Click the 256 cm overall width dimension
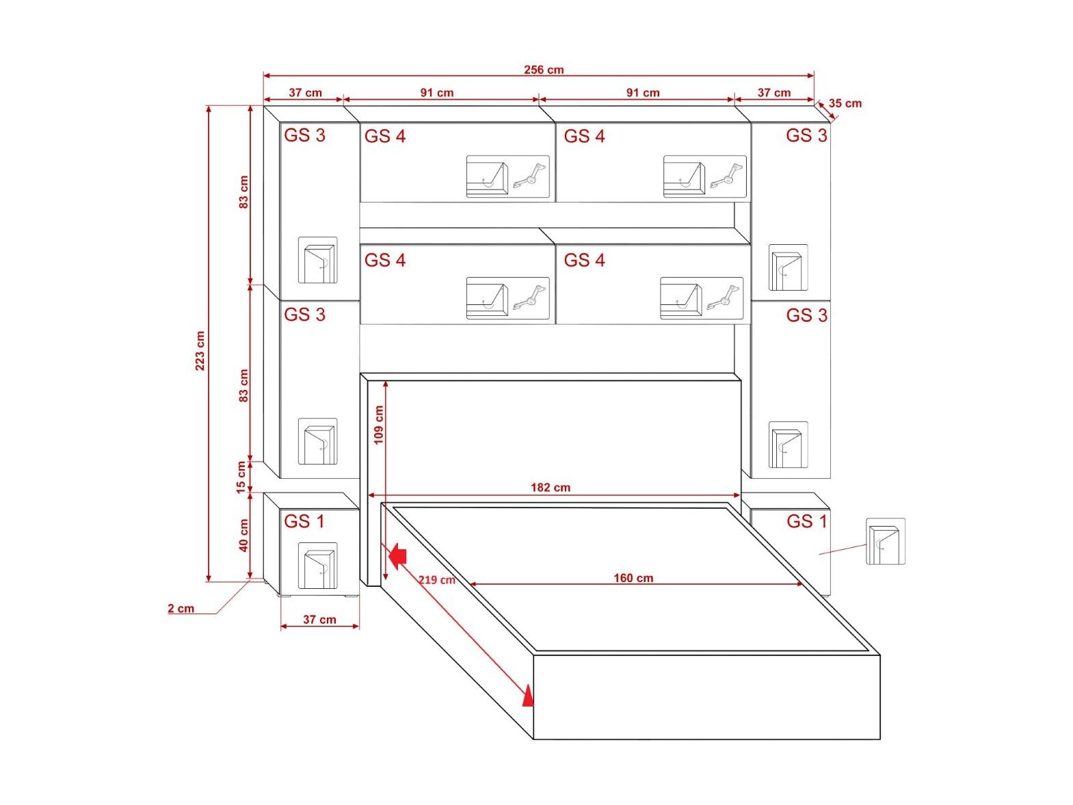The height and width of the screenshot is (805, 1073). (x=544, y=70)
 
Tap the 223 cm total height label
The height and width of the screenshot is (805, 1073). (x=200, y=350)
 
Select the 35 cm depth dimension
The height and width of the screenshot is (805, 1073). (x=845, y=104)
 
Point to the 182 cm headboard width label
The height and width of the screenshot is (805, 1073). (x=551, y=487)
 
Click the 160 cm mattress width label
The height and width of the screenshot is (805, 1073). (x=633, y=578)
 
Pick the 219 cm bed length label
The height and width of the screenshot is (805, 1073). (x=436, y=580)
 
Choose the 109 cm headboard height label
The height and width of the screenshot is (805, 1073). (x=379, y=425)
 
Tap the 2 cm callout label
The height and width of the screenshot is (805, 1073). (x=181, y=609)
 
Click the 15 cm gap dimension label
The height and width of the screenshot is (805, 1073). (x=241, y=477)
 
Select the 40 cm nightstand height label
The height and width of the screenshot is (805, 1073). (x=243, y=536)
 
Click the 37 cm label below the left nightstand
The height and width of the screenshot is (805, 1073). (x=319, y=620)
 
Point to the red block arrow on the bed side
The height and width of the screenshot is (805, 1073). (x=398, y=556)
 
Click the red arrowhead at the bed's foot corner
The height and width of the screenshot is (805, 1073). (x=528, y=696)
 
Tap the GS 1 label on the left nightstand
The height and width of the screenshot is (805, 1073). (x=304, y=522)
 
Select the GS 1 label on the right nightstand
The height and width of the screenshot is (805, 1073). (x=806, y=522)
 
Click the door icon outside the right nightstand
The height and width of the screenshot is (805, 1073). (x=886, y=542)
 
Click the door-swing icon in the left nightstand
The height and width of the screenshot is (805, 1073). (x=318, y=566)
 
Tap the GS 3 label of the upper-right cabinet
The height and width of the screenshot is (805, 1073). (x=806, y=135)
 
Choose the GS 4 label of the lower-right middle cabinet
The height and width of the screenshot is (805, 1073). (x=584, y=260)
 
